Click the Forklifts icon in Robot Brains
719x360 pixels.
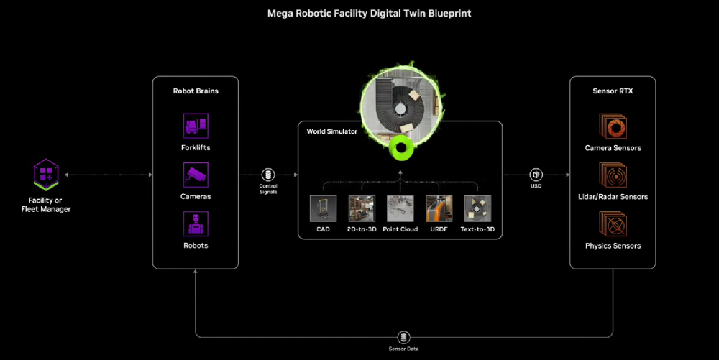point(196,126)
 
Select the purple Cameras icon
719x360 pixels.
point(196,175)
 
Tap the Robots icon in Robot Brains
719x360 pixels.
point(196,223)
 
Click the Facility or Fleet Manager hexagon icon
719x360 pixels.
point(46,175)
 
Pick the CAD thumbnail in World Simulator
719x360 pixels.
point(323,208)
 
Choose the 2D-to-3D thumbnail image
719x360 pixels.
point(362,208)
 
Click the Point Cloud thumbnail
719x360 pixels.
point(400,208)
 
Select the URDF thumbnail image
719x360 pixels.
point(439,208)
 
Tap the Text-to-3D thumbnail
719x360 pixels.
point(477,208)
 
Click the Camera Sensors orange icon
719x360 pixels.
point(613,126)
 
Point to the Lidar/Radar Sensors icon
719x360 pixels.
point(613,175)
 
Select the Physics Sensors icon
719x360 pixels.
point(613,224)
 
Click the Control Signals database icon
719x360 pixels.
point(268,175)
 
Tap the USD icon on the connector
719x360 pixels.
point(536,175)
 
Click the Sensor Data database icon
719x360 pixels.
point(403,337)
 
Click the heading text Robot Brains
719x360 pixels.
point(196,91)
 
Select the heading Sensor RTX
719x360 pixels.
point(613,91)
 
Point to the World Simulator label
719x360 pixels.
point(331,131)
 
